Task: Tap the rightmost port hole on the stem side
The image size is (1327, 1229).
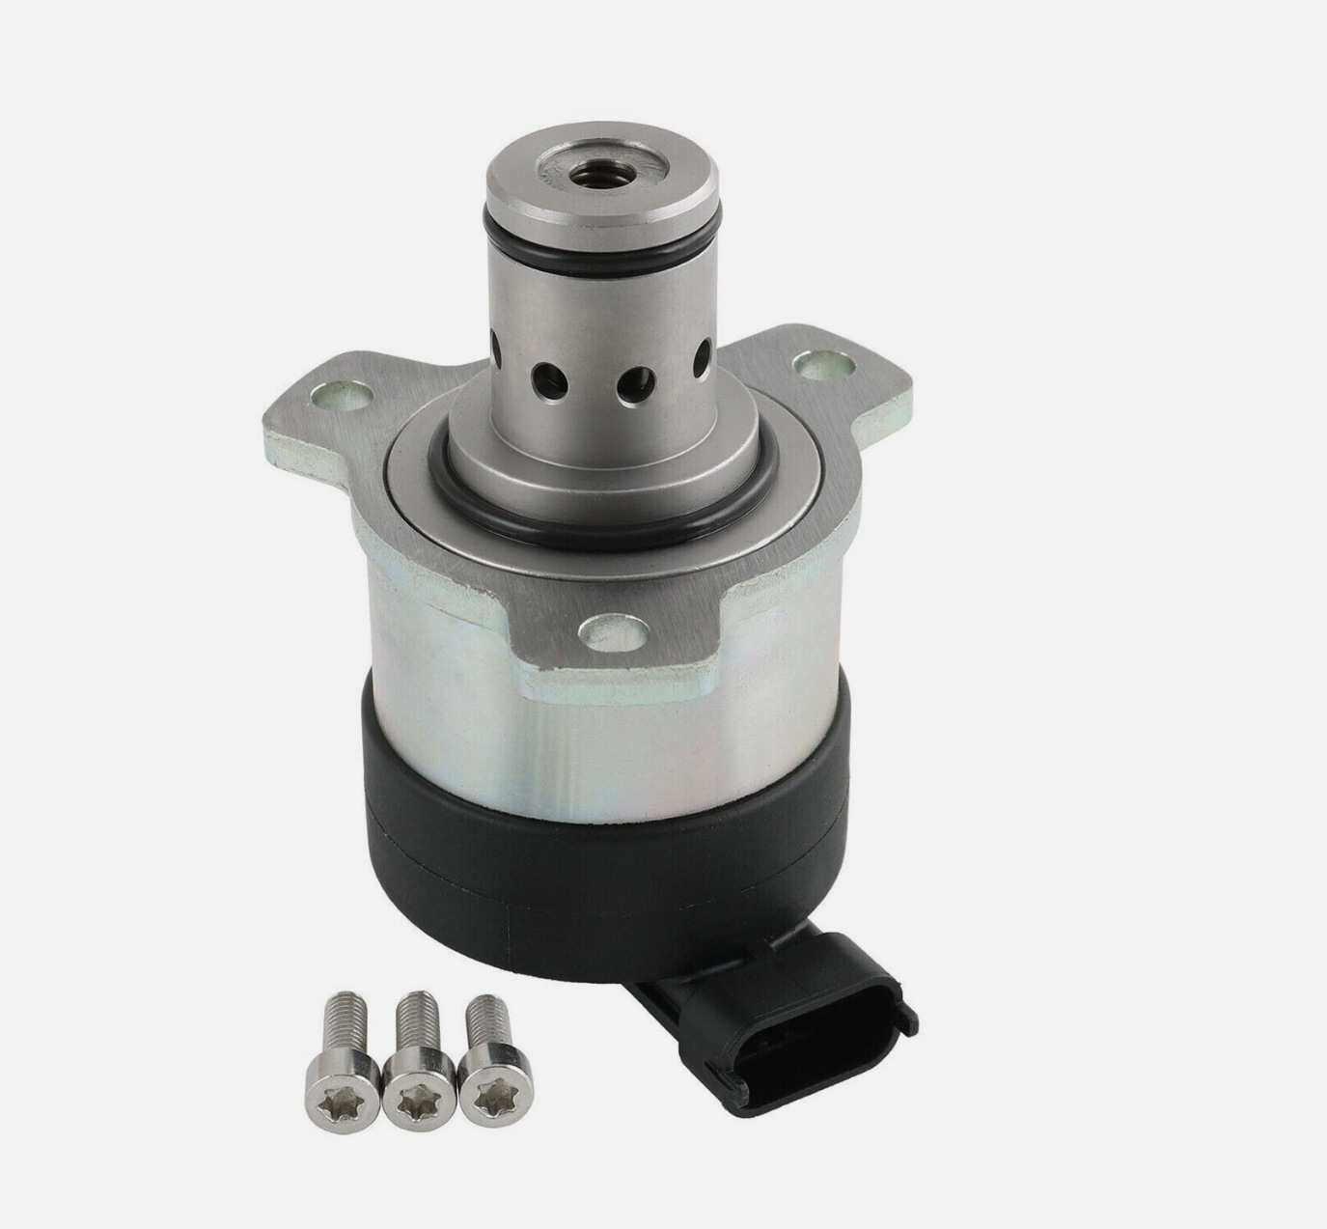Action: [x=706, y=348]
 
